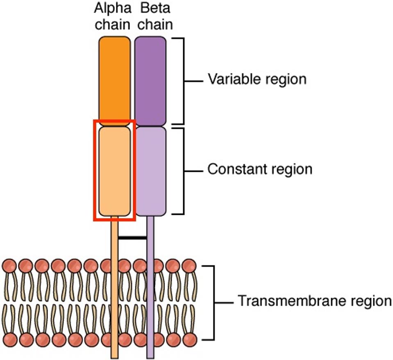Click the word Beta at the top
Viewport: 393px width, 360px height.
(x=151, y=8)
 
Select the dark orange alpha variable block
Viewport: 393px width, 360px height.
(x=114, y=80)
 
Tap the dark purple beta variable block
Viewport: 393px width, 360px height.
(x=150, y=80)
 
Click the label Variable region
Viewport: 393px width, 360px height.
(x=257, y=79)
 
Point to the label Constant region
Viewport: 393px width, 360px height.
(x=260, y=169)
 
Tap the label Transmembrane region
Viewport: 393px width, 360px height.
(x=315, y=301)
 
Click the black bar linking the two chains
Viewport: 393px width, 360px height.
(x=132, y=237)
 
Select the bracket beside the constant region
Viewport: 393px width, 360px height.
(x=182, y=170)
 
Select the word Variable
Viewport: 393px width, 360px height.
(x=232, y=79)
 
